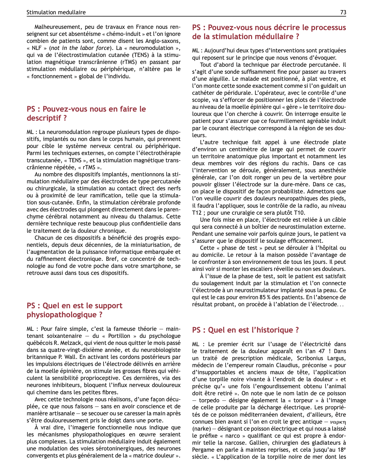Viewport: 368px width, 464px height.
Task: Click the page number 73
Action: [x=343, y=12]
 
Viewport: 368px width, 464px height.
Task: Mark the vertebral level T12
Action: [x=196, y=213]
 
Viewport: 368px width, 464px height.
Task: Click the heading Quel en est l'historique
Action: [x=246, y=330]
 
